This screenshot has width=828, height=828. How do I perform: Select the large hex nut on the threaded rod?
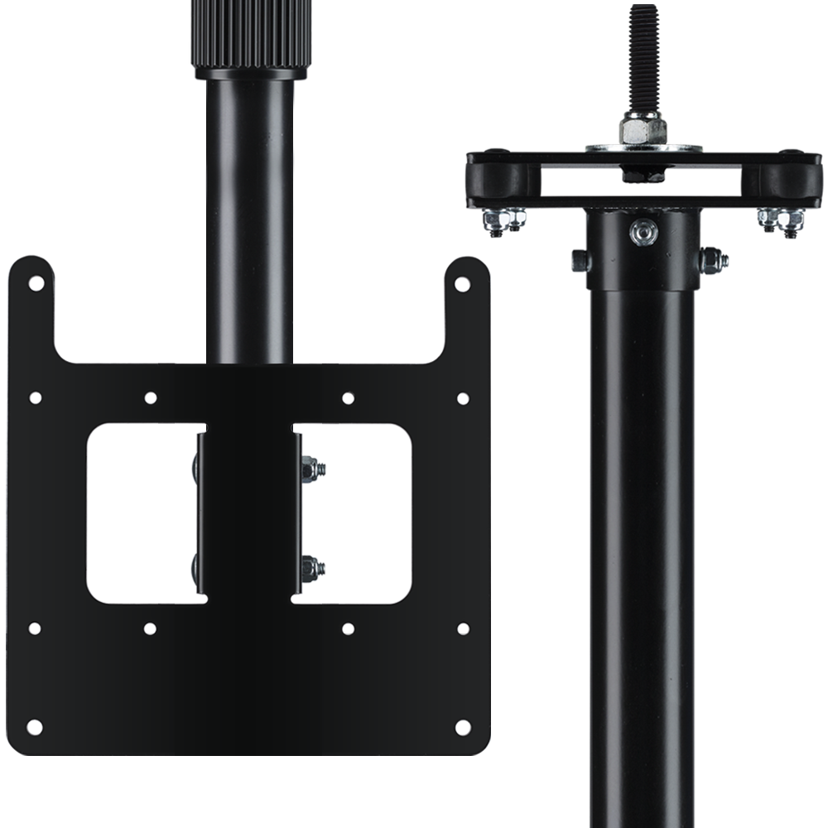644,128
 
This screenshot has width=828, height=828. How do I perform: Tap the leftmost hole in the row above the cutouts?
35,397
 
